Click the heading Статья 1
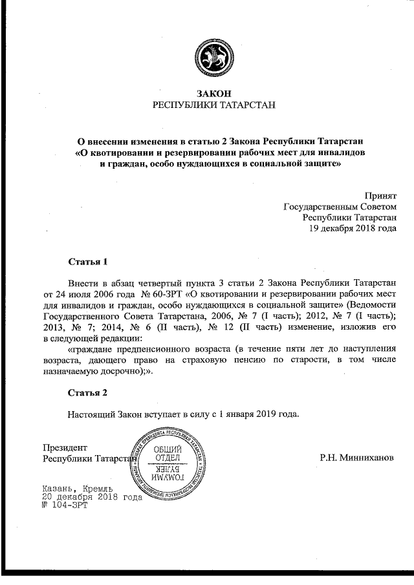[x=87, y=262]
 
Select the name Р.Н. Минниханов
[x=356, y=458]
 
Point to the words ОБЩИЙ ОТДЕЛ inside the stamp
[x=171, y=454]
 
